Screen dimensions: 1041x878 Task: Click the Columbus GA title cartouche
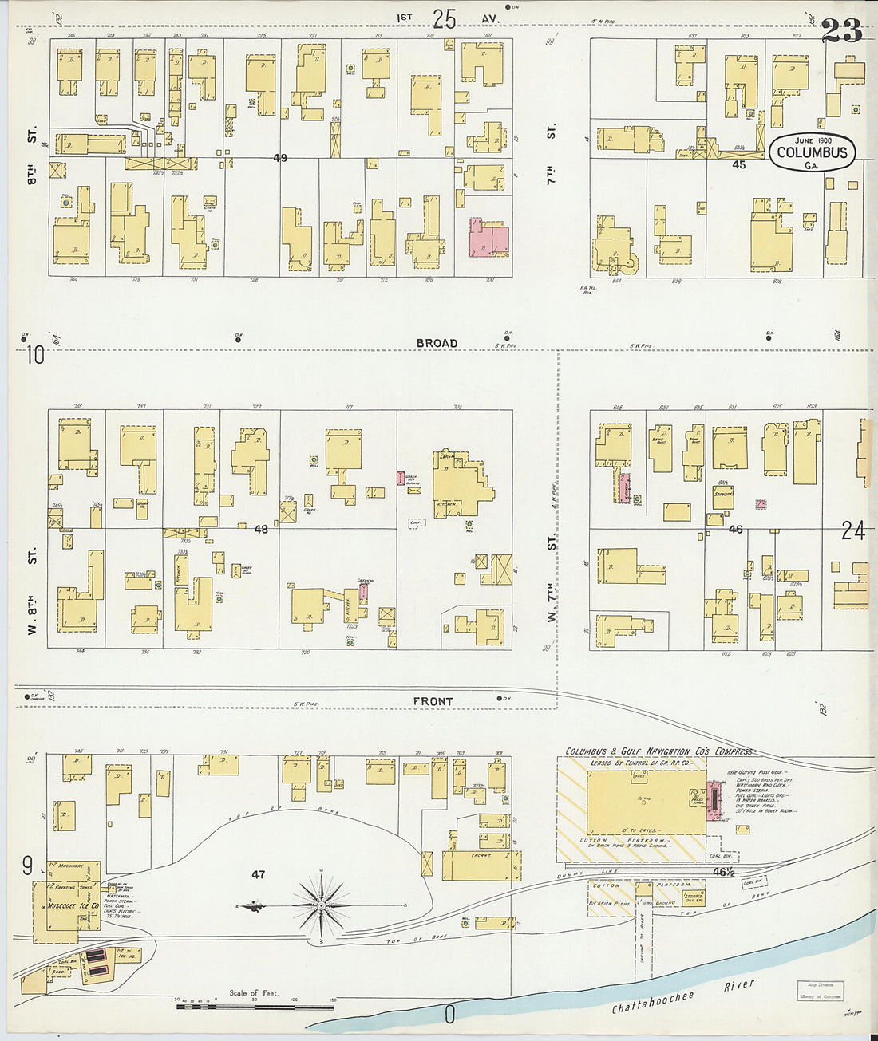(812, 152)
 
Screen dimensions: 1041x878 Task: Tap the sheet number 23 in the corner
(841, 31)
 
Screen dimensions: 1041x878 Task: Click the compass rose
(321, 905)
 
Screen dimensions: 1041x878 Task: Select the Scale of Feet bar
(255, 1007)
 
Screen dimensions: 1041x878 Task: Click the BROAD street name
(437, 343)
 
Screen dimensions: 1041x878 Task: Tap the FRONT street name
(433, 701)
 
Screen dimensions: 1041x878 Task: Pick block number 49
(279, 158)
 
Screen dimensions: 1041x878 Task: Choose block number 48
(261, 528)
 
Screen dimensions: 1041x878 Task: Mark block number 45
(738, 164)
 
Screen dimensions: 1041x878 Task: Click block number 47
(258, 874)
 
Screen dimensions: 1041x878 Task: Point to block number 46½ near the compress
(723, 872)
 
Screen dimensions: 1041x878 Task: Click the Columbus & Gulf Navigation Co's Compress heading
(658, 751)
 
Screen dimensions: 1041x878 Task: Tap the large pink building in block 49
(488, 238)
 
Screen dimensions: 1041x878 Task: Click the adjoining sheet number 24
(852, 530)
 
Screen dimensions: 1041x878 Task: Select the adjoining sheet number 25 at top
(444, 18)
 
